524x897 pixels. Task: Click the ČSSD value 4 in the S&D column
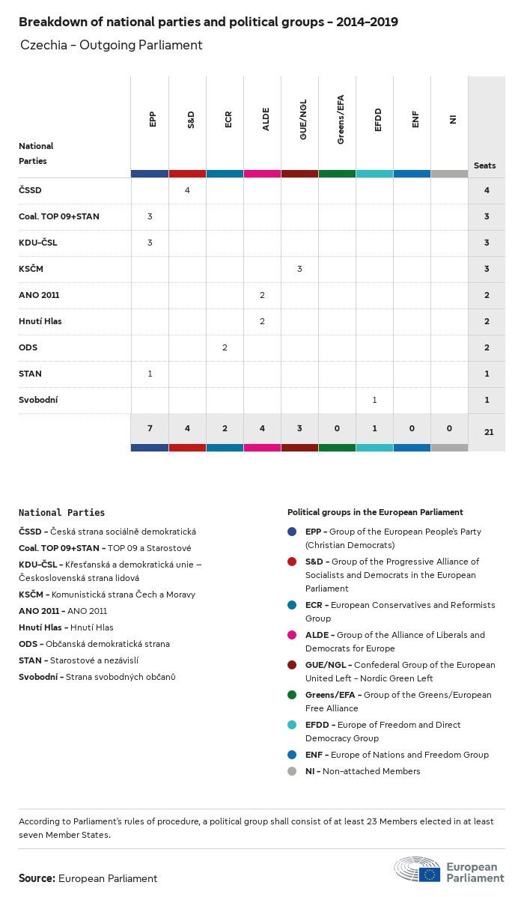pyautogui.click(x=187, y=190)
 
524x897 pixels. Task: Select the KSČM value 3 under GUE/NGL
pyautogui.click(x=299, y=269)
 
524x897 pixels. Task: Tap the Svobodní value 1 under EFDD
pyautogui.click(x=374, y=400)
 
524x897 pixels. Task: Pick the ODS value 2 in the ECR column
pyautogui.click(x=225, y=347)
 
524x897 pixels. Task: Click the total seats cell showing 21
pyautogui.click(x=487, y=432)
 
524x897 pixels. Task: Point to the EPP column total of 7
pyautogui.click(x=150, y=428)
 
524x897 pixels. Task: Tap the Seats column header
pyautogui.click(x=485, y=165)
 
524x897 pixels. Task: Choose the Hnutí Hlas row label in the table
pyautogui.click(x=40, y=321)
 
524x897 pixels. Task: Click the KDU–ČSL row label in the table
pyautogui.click(x=38, y=243)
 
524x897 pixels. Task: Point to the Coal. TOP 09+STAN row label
pyautogui.click(x=59, y=216)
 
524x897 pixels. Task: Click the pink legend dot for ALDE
pyautogui.click(x=292, y=635)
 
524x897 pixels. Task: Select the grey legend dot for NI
pyautogui.click(x=292, y=771)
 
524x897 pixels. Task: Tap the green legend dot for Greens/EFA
pyautogui.click(x=292, y=695)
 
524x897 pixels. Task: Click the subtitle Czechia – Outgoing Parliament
pyautogui.click(x=111, y=45)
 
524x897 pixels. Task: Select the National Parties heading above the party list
pyautogui.click(x=62, y=513)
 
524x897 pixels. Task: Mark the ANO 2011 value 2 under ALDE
pyautogui.click(x=262, y=295)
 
